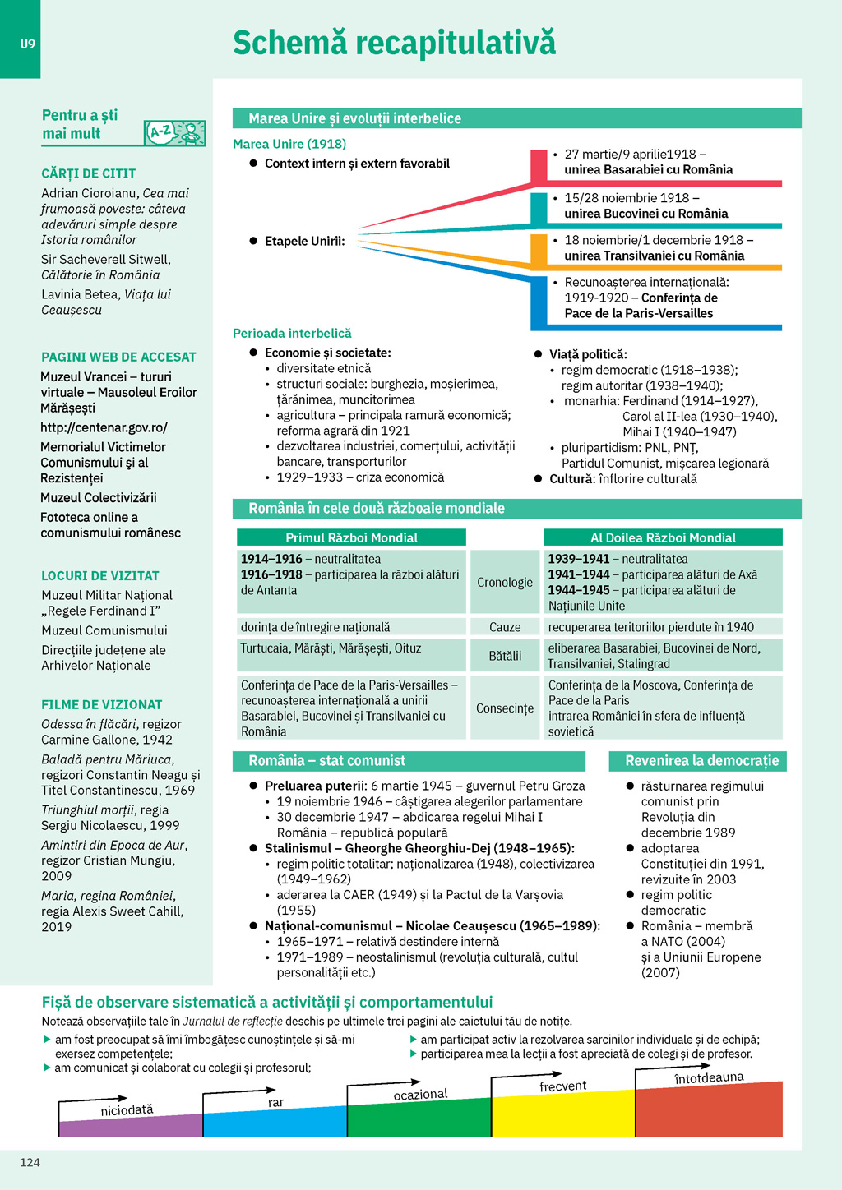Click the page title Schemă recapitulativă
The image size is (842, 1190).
click(x=394, y=43)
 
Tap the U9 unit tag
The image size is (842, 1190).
click(x=28, y=44)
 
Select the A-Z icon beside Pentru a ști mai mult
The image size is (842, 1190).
click(x=174, y=132)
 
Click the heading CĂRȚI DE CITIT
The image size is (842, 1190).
click(x=89, y=173)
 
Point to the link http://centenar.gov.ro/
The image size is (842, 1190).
click(x=104, y=427)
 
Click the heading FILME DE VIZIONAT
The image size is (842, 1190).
click(x=102, y=704)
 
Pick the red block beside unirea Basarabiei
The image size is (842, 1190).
click(x=539, y=166)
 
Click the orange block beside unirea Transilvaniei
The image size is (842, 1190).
click(x=539, y=251)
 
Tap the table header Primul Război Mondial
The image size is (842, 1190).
click(x=351, y=537)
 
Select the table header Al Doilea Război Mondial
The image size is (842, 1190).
click(x=663, y=537)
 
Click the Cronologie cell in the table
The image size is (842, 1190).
click(x=505, y=582)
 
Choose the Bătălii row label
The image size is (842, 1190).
click(x=505, y=656)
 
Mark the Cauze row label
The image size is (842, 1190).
click(x=505, y=627)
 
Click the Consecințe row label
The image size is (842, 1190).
click(x=505, y=708)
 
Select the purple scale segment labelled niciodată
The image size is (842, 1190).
click(x=130, y=1126)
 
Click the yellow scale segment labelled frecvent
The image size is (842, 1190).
click(x=562, y=1114)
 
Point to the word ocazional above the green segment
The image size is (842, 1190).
click(x=420, y=1095)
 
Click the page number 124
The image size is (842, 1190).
click(x=30, y=1162)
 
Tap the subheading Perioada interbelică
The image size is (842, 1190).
click(x=292, y=333)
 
